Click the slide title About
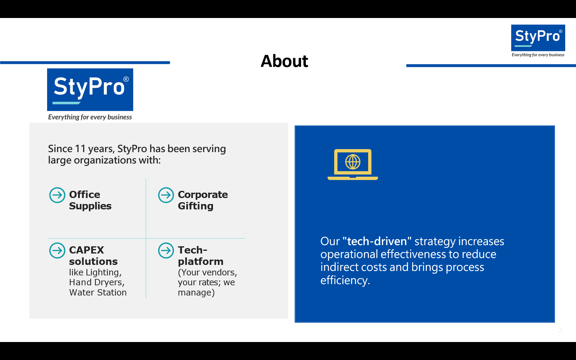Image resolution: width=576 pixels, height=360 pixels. coord(284,61)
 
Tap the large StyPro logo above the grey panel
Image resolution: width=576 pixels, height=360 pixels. coord(90,90)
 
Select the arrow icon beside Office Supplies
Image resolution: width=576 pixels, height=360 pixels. coord(57,195)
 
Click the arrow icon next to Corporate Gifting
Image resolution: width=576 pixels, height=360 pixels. coord(166,195)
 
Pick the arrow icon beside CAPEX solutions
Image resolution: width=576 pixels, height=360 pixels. coord(57,250)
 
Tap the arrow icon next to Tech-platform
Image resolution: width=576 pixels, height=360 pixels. coord(166,250)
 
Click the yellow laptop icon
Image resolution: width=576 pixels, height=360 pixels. coord(353,164)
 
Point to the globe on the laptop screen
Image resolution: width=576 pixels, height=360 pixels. coord(353,162)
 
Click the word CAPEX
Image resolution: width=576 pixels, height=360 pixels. coord(86,250)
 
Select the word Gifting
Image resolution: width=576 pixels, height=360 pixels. coord(196,206)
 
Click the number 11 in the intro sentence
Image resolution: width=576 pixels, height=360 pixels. coord(80,149)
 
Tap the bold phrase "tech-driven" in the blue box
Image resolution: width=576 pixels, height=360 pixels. coord(377,241)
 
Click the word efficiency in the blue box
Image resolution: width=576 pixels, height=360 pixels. coord(345,280)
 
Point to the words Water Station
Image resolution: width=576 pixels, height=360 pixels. coord(98,292)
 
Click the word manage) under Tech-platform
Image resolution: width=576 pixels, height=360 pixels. coord(196,292)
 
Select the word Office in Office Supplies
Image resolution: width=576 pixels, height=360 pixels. coord(85,194)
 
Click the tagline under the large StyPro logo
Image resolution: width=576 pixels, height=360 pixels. coord(90,117)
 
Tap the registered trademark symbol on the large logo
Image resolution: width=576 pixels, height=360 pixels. coord(126,79)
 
